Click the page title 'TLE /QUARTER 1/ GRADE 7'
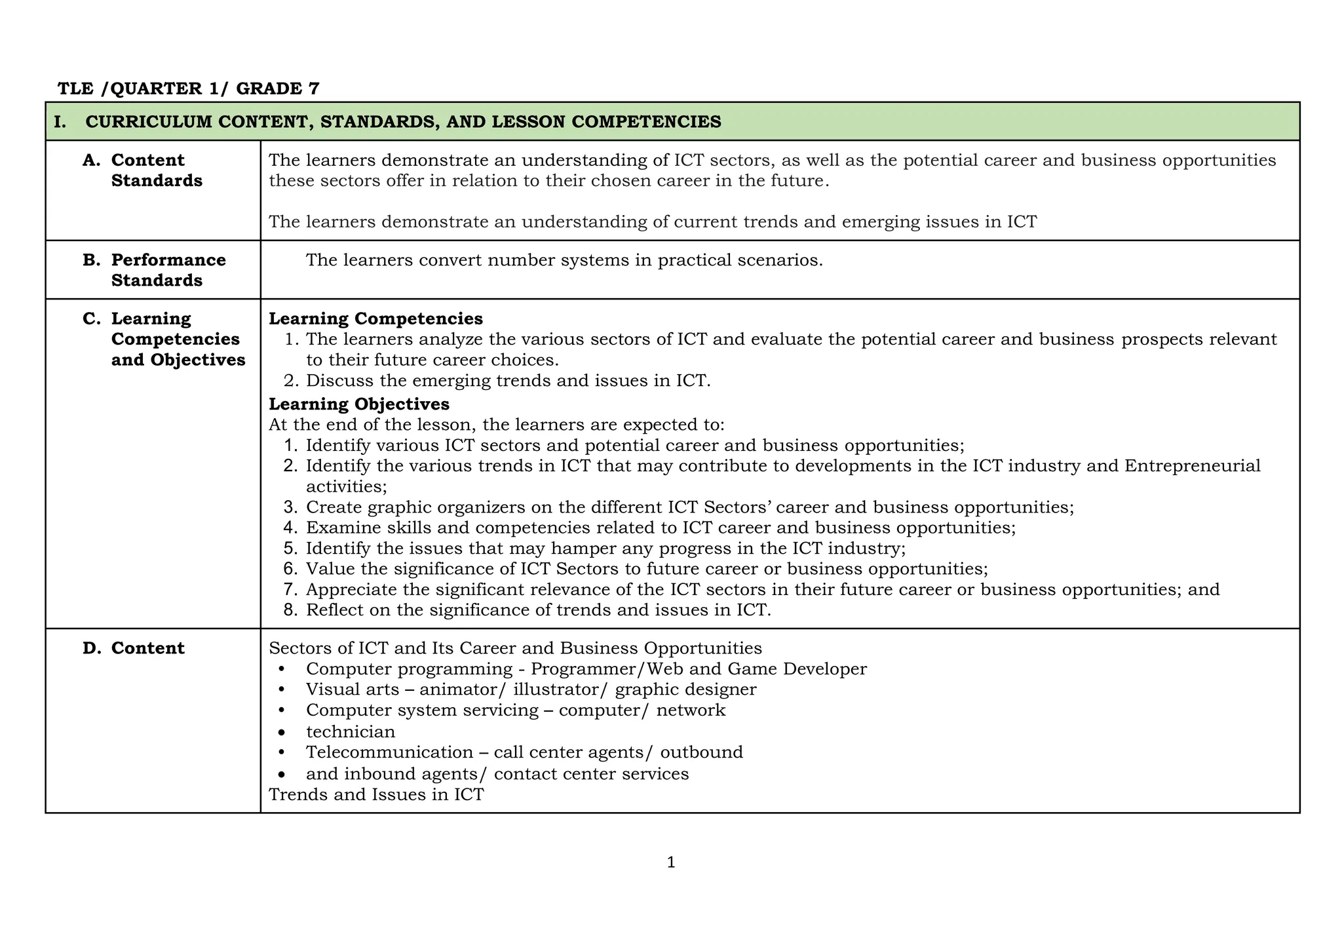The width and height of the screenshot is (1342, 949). (x=189, y=88)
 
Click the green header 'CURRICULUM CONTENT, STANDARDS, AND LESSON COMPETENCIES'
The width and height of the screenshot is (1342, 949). (x=403, y=122)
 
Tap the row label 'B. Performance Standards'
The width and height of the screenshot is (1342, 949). (x=168, y=270)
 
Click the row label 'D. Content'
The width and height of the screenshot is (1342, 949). (x=147, y=648)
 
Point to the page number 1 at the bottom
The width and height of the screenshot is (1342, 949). (x=670, y=863)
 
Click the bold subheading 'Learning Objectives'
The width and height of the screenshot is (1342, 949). (x=359, y=404)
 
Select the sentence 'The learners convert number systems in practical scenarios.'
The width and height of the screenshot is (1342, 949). (x=564, y=260)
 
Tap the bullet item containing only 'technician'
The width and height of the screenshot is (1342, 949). (x=351, y=731)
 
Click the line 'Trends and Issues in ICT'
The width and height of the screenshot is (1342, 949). (x=376, y=794)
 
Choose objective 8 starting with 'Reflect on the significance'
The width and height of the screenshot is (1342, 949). (x=537, y=610)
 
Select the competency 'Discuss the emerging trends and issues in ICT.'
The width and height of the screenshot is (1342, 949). (x=508, y=380)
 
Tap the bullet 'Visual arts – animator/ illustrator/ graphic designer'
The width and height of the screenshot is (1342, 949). (x=531, y=689)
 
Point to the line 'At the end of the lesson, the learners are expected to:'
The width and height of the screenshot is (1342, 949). (x=497, y=425)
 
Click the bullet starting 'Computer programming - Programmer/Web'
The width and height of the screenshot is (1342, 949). (x=586, y=669)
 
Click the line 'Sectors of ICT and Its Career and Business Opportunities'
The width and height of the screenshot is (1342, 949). (x=515, y=648)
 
